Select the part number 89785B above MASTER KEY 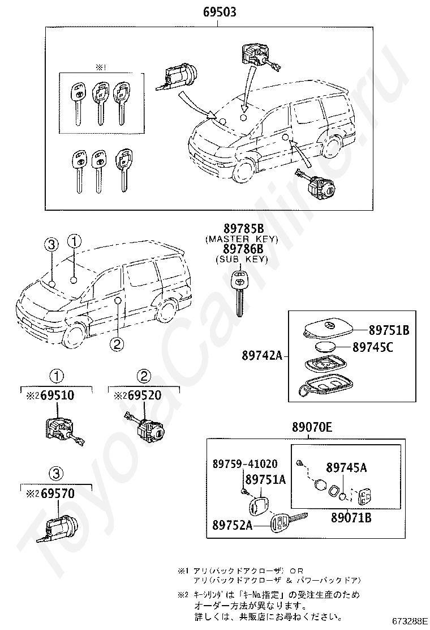pos(243,229)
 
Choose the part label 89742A pos(262,356)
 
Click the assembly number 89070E pos(312,429)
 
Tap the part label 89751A pos(265,479)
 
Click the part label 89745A pos(346,467)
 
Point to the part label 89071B pos(351,517)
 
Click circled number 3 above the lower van pos(51,244)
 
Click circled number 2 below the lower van pos(117,343)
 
